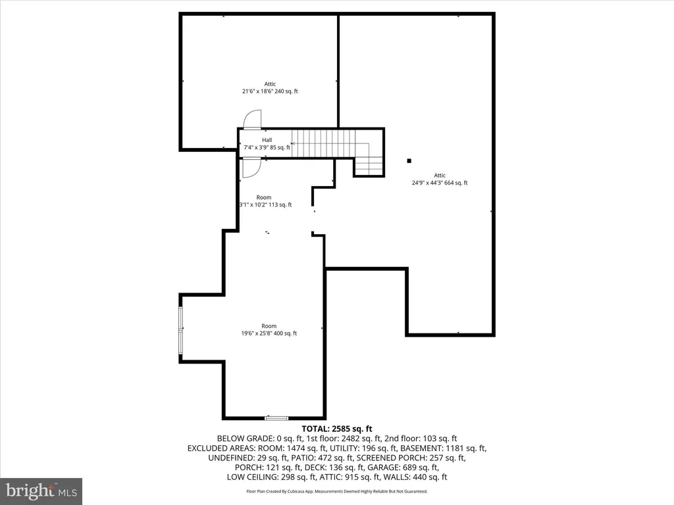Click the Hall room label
pyautogui.click(x=267, y=143)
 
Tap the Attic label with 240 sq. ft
pyautogui.click(x=270, y=87)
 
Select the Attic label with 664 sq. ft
pyautogui.click(x=440, y=179)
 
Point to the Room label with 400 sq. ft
pyautogui.click(x=269, y=330)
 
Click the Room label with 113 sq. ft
pyautogui.click(x=265, y=201)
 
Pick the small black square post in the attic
pyautogui.click(x=409, y=161)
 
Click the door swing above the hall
pyautogui.click(x=252, y=120)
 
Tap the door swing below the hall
pyautogui.click(x=251, y=168)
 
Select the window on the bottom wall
pyautogui.click(x=276, y=418)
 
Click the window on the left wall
pyautogui.click(x=181, y=330)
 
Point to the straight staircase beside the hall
pyautogui.click(x=324, y=144)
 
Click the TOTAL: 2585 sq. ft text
pyautogui.click(x=337, y=429)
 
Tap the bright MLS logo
pyautogui.click(x=41, y=491)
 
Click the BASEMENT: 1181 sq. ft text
pyautogui.click(x=442, y=448)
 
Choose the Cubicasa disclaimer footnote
pyautogui.click(x=337, y=491)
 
